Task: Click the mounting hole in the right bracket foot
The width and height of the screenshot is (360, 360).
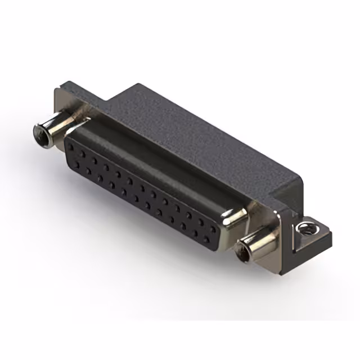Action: [x=306, y=228]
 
